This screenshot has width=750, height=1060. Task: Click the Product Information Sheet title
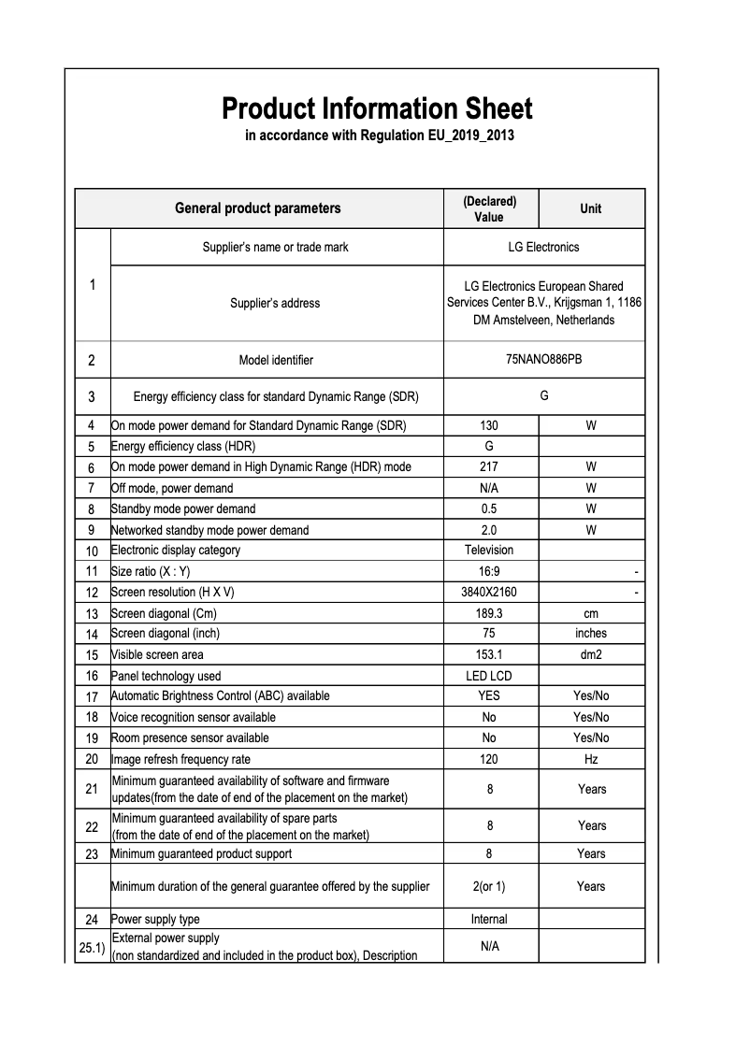click(x=377, y=109)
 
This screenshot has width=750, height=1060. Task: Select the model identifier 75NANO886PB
click(x=543, y=360)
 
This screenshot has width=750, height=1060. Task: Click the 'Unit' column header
click(x=591, y=208)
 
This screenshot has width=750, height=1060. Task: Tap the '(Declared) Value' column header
click(x=489, y=209)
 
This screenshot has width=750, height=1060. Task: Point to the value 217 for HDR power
click(x=488, y=466)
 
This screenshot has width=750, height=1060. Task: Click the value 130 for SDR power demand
click(x=488, y=425)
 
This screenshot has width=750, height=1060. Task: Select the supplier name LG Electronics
click(x=543, y=248)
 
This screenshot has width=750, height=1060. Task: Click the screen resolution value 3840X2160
click(x=488, y=593)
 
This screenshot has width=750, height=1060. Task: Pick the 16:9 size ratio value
click(x=488, y=571)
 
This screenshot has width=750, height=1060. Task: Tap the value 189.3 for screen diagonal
click(x=488, y=614)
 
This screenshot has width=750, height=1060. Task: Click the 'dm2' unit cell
click(x=591, y=655)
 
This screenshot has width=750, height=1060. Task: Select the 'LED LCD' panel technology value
click(x=488, y=676)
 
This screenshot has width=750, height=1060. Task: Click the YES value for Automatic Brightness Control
click(x=488, y=695)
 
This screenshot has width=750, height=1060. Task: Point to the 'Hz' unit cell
click(x=591, y=760)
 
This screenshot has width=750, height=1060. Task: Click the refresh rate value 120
click(x=488, y=760)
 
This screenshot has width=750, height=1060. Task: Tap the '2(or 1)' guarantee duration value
click(x=488, y=886)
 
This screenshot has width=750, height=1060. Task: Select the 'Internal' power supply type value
click(x=488, y=919)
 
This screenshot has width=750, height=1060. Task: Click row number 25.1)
click(x=92, y=947)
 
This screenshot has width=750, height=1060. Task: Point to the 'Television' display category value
click(x=488, y=550)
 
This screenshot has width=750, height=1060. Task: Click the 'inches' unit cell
click(x=591, y=634)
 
